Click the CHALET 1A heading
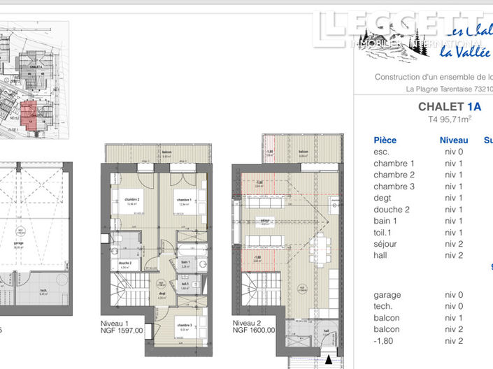pos(450,107)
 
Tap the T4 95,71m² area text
pos(450,120)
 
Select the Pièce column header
pos(385,140)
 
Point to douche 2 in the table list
pos(392,210)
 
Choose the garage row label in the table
pos(387,295)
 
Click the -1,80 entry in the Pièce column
pos(385,340)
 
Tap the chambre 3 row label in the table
pos(394,187)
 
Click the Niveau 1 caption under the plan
pos(123,324)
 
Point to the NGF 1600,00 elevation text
pos(254,331)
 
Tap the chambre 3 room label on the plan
pos(183,326)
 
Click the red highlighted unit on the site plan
pos(29,111)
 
